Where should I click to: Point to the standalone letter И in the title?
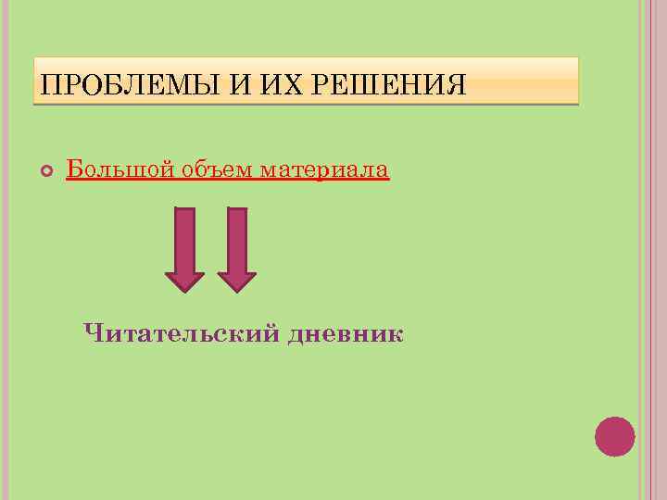coord(238,86)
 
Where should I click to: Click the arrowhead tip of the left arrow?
coord(184,290)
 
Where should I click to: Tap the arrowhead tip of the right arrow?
coord(237,290)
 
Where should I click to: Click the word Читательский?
coord(180,333)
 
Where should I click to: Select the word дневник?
coord(346,333)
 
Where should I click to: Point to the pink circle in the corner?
coord(614,436)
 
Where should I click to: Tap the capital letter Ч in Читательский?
coord(92,332)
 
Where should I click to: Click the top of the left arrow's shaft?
coord(184,211)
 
